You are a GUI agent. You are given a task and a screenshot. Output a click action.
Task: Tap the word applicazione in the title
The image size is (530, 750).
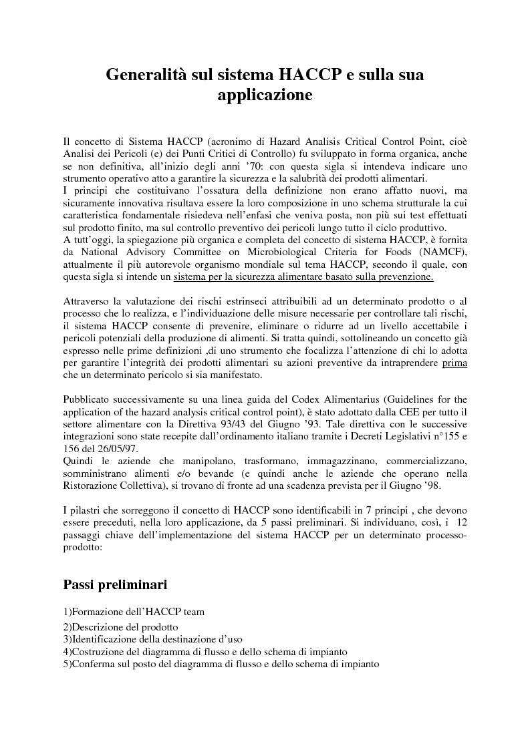(x=265, y=96)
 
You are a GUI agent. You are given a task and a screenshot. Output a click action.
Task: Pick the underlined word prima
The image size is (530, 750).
(x=454, y=363)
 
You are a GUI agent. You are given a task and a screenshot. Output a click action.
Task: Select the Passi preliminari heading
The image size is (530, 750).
(x=115, y=584)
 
